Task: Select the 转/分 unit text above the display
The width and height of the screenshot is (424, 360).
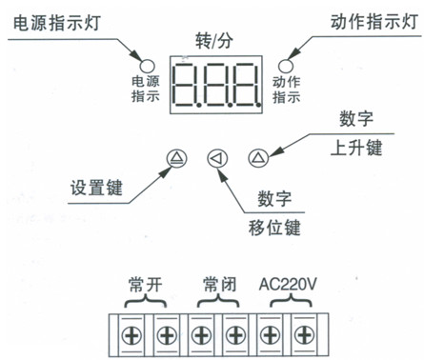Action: click(214, 43)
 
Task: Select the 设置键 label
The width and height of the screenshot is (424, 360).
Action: click(97, 188)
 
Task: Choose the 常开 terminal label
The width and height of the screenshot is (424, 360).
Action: click(147, 285)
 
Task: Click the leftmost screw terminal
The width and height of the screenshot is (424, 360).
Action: click(131, 333)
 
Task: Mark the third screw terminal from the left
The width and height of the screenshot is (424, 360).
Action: click(201, 333)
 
